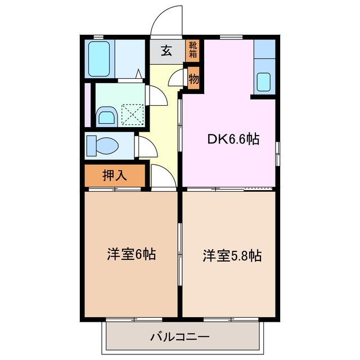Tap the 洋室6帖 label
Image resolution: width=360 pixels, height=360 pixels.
[x=131, y=254]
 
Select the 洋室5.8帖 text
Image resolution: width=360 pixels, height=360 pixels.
[x=232, y=256]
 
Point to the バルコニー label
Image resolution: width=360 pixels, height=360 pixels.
[x=180, y=337]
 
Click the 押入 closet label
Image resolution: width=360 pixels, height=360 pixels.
[x=115, y=175]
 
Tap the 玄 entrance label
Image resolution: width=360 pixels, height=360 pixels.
[x=167, y=51]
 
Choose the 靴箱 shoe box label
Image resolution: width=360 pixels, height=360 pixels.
[x=193, y=51]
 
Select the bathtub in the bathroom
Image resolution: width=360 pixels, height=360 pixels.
[x=101, y=58]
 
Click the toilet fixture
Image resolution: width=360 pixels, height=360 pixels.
[x=103, y=145]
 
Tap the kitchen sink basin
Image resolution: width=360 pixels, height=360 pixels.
[x=263, y=82]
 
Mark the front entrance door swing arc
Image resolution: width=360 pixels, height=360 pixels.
[x=167, y=21]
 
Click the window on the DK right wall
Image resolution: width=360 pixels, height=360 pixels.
[x=277, y=154]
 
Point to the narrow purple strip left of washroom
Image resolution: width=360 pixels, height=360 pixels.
[x=87, y=105]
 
